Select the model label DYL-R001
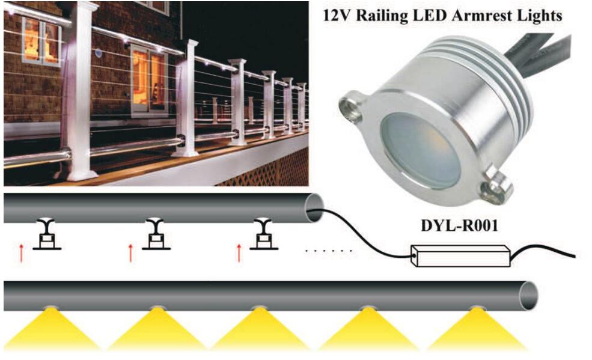(459, 225)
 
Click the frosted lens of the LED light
(420, 150)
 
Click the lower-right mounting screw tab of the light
(496, 186)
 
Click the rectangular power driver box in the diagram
(460, 256)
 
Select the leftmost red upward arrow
(22, 253)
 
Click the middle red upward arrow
(130, 253)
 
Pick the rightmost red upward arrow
(239, 253)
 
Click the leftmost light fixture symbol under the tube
(47, 234)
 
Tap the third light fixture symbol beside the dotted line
(263, 234)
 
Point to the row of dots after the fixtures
(329, 251)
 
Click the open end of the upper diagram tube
(314, 207)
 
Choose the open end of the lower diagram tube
(528, 296)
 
